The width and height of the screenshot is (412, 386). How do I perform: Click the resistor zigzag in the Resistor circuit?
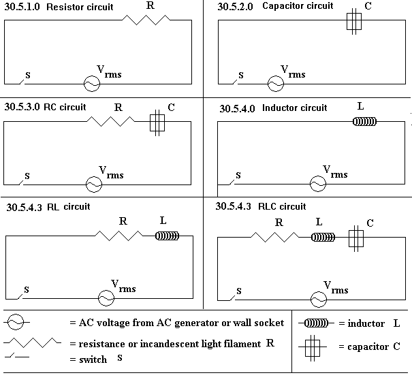tap(146, 20)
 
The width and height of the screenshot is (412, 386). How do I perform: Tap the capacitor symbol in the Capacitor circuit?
tap(354, 22)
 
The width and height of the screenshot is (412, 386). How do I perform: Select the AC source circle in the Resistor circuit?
tap(92, 84)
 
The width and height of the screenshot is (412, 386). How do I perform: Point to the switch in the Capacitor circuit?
tap(235, 82)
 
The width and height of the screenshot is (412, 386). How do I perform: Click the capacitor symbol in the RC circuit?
tap(157, 123)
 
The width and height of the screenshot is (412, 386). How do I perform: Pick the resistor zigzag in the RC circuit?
tap(110, 122)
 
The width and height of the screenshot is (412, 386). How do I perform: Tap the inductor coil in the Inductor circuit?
tap(364, 122)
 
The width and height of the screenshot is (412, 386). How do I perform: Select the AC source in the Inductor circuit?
tap(318, 184)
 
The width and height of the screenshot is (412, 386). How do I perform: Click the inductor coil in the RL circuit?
tap(167, 236)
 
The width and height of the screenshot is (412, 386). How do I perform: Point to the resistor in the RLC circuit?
tap(275, 237)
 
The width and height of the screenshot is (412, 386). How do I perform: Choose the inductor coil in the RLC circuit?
tap(323, 238)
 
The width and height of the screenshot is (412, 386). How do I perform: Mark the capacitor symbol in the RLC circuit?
tap(356, 238)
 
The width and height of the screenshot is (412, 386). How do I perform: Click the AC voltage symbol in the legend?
tap(16, 322)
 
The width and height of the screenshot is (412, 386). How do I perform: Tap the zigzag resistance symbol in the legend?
tap(32, 342)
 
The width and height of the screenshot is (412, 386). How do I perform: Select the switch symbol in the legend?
tap(17, 356)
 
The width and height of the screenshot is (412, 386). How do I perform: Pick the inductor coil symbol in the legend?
tap(316, 323)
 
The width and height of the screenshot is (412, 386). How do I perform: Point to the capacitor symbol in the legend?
tap(313, 348)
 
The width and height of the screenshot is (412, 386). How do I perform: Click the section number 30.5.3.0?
tap(22, 107)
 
